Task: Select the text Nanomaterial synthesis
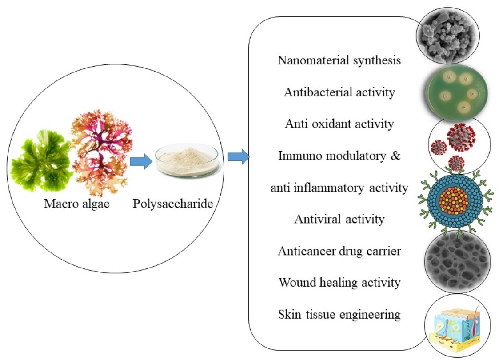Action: [x=339, y=60]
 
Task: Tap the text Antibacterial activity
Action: [x=339, y=92]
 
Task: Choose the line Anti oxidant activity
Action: [x=339, y=124]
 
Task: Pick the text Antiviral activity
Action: [x=339, y=219]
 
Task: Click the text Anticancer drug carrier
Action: [x=339, y=251]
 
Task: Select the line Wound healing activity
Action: [x=339, y=283]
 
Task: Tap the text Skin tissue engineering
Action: [x=339, y=315]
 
